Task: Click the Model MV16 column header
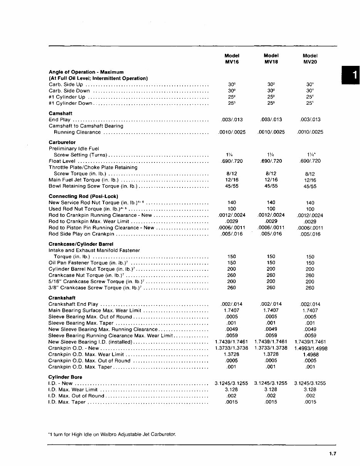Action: (x=232, y=59)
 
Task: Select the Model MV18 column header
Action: (x=271, y=59)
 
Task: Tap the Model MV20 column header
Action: (x=310, y=59)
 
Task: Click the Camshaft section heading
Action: (x=60, y=114)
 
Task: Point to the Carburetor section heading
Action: (x=62, y=142)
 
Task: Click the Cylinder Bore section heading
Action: (x=65, y=377)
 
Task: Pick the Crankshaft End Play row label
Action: (x=73, y=304)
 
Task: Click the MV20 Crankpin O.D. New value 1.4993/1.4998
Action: (x=310, y=348)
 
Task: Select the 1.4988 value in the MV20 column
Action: (x=310, y=354)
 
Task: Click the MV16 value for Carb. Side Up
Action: (x=232, y=84)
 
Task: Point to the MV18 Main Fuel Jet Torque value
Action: (x=271, y=180)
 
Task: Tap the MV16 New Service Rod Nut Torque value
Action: (x=232, y=203)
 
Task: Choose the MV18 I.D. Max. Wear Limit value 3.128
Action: (x=271, y=389)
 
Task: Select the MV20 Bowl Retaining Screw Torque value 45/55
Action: (x=310, y=186)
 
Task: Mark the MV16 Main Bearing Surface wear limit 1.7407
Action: (x=232, y=310)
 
